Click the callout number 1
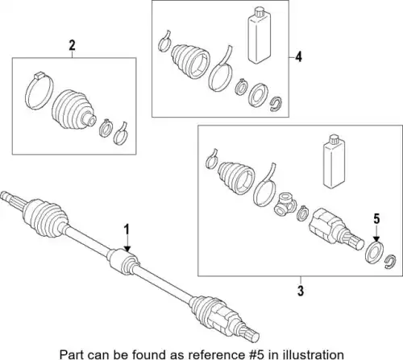127,230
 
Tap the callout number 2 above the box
72,46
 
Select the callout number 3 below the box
301,291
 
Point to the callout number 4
298,57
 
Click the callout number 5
376,219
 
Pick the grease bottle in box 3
334,161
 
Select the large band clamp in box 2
39,91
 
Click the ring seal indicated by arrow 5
375,253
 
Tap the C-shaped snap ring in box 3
390,262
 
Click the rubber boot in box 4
190,61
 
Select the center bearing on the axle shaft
123,261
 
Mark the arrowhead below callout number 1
127,249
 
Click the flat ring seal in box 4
258,95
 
